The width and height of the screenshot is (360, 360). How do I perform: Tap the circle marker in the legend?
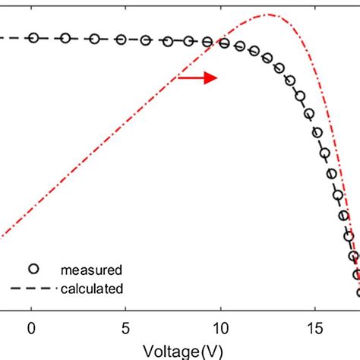point(33,268)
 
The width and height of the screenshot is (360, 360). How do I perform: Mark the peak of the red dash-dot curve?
point(267,14)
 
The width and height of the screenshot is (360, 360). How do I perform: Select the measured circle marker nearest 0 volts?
point(33,37)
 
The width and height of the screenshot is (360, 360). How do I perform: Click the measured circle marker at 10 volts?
point(224,43)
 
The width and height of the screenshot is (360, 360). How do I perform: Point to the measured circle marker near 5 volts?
point(123,39)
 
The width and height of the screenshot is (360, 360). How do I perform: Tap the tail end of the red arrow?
point(178,77)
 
